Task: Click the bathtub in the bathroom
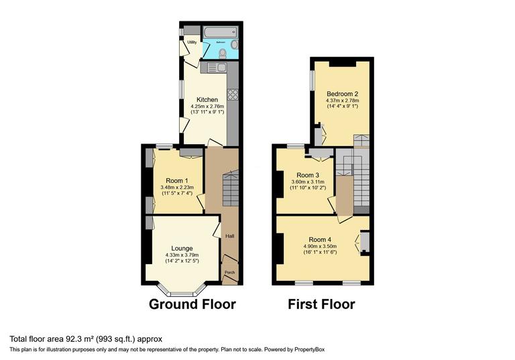[220, 32]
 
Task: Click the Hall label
[229, 236]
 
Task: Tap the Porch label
[229, 272]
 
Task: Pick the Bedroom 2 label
[342, 93]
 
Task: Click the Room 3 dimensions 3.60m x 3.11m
[308, 181]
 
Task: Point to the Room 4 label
[320, 239]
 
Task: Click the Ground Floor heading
[192, 304]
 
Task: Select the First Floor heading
[321, 304]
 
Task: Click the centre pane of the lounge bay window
[179, 293]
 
